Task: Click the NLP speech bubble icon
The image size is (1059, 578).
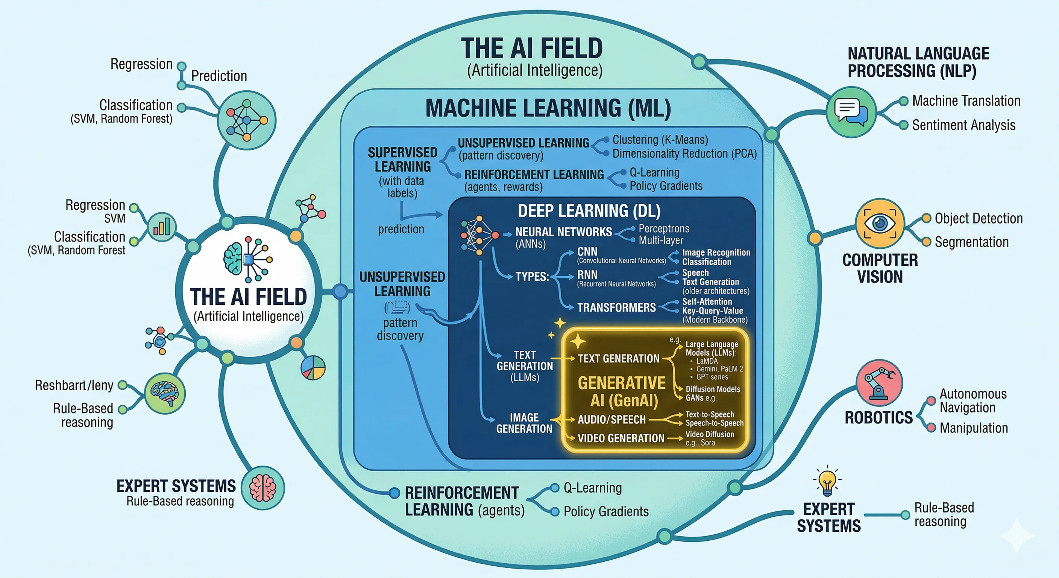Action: [850, 111]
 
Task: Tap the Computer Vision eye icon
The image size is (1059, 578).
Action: [880, 224]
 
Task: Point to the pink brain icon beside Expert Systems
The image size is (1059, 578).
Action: [263, 488]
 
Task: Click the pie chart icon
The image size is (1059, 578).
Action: [313, 367]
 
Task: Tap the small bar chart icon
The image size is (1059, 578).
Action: [162, 227]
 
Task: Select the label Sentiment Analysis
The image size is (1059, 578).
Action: [963, 125]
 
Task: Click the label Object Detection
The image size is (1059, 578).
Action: [979, 219]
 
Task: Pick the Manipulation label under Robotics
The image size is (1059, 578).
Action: [974, 428]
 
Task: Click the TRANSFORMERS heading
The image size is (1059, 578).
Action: [616, 307]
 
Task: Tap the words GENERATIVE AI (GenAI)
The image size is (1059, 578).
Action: [622, 392]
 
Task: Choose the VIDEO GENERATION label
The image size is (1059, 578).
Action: [621, 438]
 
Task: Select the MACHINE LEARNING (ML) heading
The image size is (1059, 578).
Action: [548, 108]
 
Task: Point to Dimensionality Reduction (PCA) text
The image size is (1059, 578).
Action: [684, 154]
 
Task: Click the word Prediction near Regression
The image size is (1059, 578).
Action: [219, 76]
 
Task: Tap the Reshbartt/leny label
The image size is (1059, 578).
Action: [74, 385]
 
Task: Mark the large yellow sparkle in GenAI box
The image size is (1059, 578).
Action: [577, 341]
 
